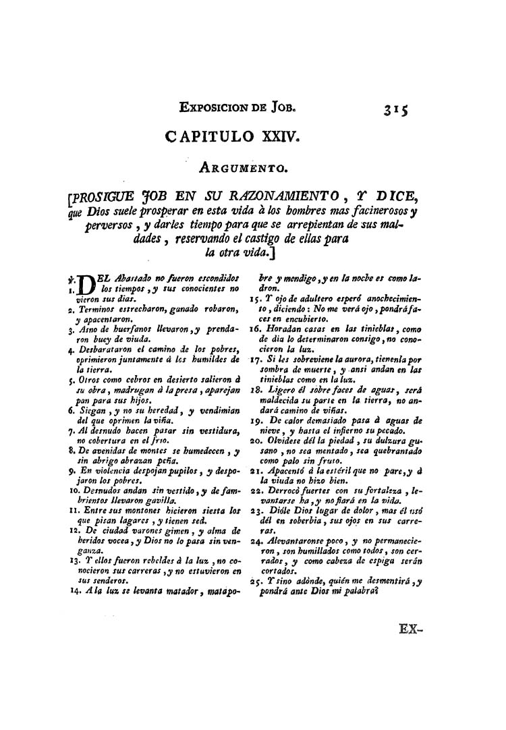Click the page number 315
tap(398, 109)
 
